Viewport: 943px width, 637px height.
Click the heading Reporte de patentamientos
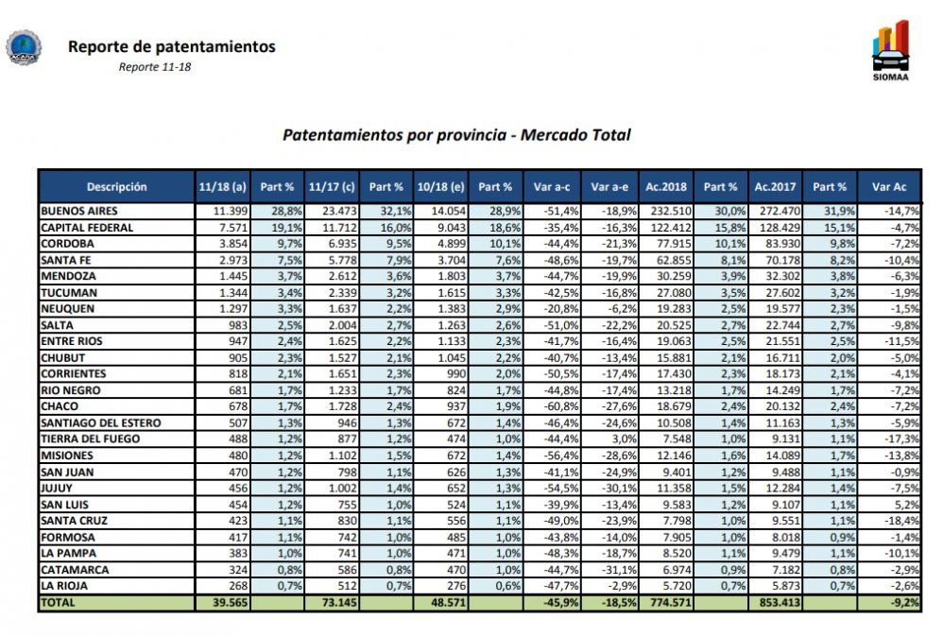(x=171, y=46)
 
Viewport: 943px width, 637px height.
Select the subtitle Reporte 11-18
(x=155, y=67)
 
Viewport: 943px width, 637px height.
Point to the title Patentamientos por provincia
(x=456, y=135)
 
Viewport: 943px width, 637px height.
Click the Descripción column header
(x=116, y=187)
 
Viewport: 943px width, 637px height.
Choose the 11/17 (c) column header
(x=331, y=187)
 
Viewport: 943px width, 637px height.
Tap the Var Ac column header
(x=889, y=187)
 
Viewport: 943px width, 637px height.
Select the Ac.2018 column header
(x=666, y=187)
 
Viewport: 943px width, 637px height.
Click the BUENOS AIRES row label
(x=79, y=210)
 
